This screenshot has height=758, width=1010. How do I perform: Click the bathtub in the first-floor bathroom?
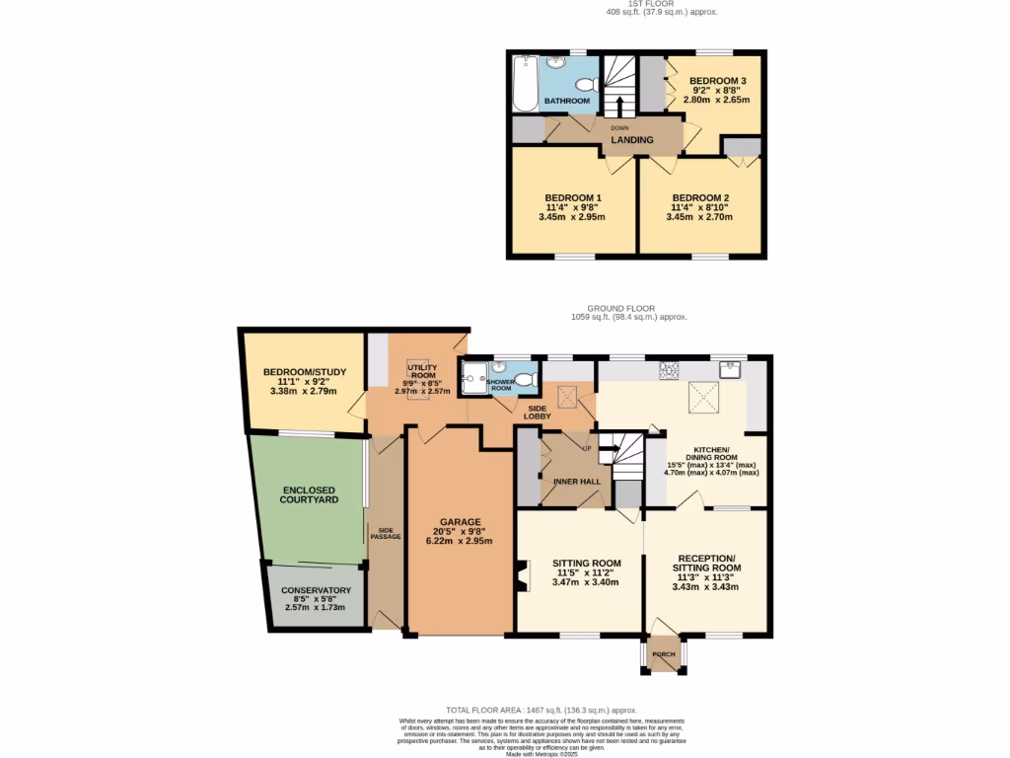(x=525, y=84)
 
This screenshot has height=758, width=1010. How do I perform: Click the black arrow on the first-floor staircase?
(x=619, y=105)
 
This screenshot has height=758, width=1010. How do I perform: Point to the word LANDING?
(x=632, y=140)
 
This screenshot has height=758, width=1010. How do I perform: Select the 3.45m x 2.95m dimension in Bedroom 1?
(x=573, y=217)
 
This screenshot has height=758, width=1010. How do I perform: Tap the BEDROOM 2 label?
(x=699, y=196)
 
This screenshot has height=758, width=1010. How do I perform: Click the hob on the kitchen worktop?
(x=669, y=370)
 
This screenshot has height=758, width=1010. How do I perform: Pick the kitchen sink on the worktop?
(x=731, y=369)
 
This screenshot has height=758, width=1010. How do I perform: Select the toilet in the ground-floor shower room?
(x=525, y=380)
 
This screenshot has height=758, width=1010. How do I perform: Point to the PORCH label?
(x=663, y=654)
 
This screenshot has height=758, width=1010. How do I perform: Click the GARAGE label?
(x=460, y=522)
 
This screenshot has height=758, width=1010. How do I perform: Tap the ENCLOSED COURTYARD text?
(x=309, y=494)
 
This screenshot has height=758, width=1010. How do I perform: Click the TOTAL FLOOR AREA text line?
(x=541, y=711)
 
